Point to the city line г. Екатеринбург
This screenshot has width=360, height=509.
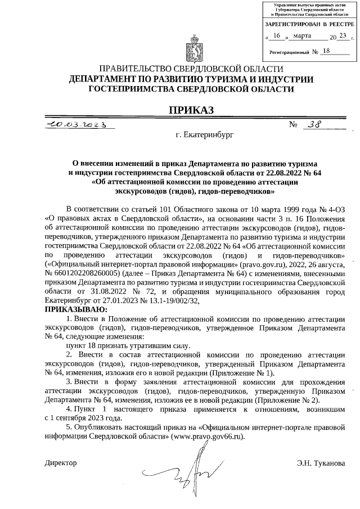pyautogui.click(x=203, y=136)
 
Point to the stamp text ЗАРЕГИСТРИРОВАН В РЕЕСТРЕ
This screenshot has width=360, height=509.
pyautogui.click(x=309, y=25)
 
